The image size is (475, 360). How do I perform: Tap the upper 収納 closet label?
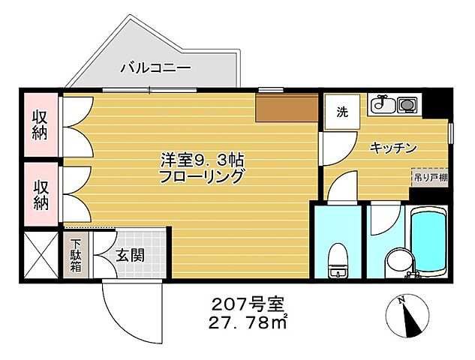click(39, 124)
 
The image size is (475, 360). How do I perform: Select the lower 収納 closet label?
click(39, 193)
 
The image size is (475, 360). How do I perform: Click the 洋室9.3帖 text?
click(202, 160)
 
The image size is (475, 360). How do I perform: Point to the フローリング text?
click(202, 177)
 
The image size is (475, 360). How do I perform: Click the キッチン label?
click(393, 148)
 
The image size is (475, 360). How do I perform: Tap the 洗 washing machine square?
click(342, 113)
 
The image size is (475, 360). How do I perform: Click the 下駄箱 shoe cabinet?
click(77, 255)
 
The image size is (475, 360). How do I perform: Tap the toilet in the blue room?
click(338, 262)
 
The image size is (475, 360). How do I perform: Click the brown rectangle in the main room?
click(287, 109)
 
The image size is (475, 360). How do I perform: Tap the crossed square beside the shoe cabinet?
click(39, 255)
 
